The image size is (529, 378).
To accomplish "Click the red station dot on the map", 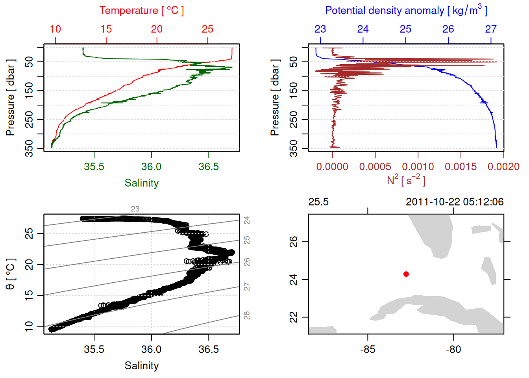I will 406,274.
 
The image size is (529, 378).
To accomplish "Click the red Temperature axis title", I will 141,11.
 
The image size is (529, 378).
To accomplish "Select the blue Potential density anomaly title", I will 406,10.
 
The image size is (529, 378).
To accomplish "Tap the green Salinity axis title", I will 141,183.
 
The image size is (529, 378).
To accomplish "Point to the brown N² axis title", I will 406,180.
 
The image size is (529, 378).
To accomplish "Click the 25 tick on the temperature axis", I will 207,29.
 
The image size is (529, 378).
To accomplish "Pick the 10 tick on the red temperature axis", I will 55,29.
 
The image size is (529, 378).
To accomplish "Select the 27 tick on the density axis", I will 491,29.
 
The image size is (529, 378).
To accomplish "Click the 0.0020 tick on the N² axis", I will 503,167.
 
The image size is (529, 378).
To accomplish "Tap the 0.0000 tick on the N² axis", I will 332,167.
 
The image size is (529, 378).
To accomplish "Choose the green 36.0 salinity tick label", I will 151,167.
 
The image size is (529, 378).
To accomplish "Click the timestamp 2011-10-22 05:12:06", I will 455,202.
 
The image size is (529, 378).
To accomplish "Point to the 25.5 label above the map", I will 318,202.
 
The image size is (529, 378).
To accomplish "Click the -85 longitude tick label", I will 368,349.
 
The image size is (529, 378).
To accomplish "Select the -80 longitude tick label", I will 453,349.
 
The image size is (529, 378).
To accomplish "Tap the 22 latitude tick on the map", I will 294,317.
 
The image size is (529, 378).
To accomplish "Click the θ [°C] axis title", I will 11,274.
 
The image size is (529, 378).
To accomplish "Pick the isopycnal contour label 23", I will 135,209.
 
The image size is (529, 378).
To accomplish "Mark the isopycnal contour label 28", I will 247,315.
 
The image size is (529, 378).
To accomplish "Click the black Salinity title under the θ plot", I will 141,366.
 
